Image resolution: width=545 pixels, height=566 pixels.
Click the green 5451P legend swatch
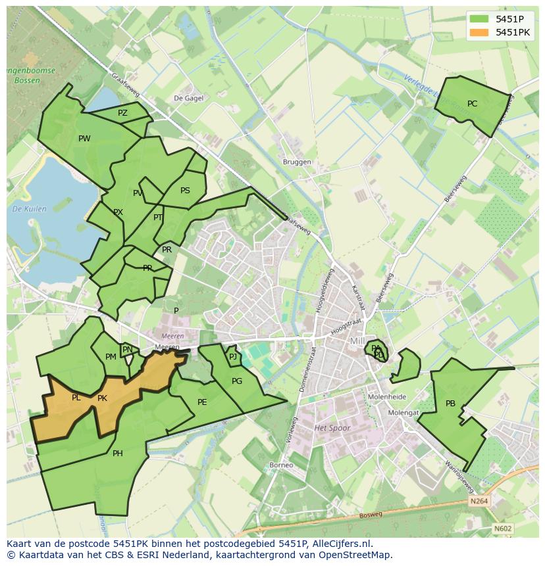(x=479, y=19)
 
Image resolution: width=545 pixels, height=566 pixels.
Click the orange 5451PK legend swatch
(x=479, y=32)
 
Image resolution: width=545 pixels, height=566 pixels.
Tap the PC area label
(x=472, y=104)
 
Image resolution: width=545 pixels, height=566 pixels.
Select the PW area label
(x=84, y=138)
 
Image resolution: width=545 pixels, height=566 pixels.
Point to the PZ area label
(x=122, y=113)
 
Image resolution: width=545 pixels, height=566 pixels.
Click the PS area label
(x=185, y=191)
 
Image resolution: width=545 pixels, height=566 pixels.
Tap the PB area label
(x=450, y=404)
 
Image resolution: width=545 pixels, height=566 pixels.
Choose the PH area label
(x=117, y=453)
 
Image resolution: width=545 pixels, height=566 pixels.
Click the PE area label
(x=202, y=402)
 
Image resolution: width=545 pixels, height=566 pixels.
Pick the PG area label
(x=237, y=381)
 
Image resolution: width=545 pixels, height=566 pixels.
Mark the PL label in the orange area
(x=76, y=398)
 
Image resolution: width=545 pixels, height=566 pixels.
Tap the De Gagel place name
(x=188, y=98)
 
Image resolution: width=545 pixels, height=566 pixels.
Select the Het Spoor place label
(x=332, y=428)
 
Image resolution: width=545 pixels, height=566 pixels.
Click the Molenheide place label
(x=387, y=397)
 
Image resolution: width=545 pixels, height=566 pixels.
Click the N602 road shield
(x=502, y=528)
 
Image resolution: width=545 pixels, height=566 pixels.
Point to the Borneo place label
(x=281, y=465)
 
